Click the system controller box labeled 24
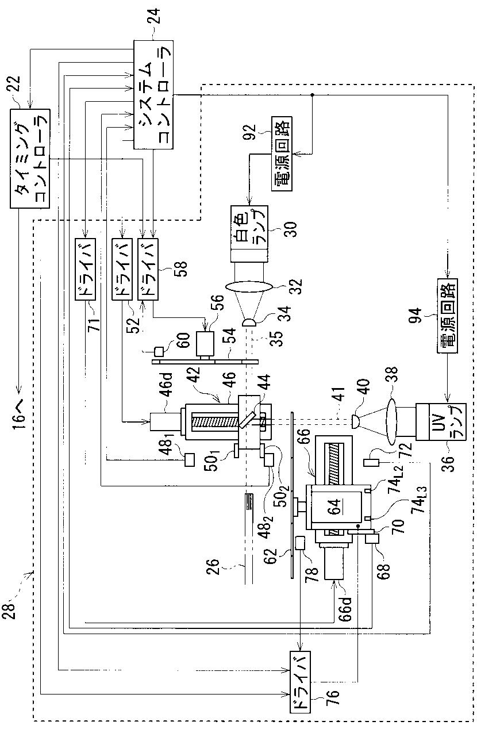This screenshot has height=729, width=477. pyautogui.click(x=153, y=95)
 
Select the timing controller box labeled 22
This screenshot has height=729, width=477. pyautogui.click(x=30, y=159)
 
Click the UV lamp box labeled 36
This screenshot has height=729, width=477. pyautogui.click(x=441, y=422)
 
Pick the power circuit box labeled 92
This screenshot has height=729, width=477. pyautogui.click(x=282, y=154)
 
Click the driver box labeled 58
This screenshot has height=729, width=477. pyautogui.click(x=148, y=269)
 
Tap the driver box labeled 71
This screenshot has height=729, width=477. pyautogui.click(x=85, y=269)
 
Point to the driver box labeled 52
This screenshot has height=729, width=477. pyautogui.click(x=122, y=269)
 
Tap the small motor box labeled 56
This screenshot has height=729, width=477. pyautogui.click(x=205, y=343)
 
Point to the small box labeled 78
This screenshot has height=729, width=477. pyautogui.click(x=300, y=543)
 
